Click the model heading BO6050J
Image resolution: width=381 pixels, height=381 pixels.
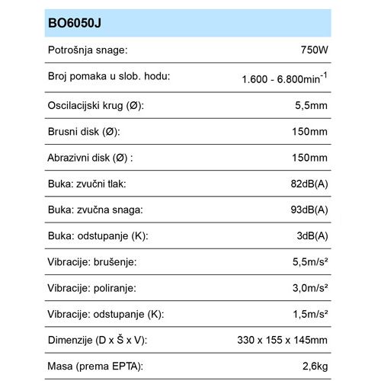[x=75, y=23]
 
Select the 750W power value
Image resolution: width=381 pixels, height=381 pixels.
[x=315, y=50]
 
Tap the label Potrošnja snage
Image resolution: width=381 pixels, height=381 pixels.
[x=88, y=50]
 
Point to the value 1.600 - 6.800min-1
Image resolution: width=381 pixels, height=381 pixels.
[x=284, y=78]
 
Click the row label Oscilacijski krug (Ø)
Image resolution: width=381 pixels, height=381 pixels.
[x=96, y=105]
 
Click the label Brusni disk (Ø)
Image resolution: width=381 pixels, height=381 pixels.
[x=84, y=131]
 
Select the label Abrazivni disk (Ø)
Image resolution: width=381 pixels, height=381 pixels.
[x=91, y=158]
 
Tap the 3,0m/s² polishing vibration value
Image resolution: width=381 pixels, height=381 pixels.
[x=309, y=289]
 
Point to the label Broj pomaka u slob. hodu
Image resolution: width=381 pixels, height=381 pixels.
[x=108, y=76]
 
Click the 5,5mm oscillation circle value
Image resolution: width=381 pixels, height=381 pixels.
[x=312, y=105]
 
